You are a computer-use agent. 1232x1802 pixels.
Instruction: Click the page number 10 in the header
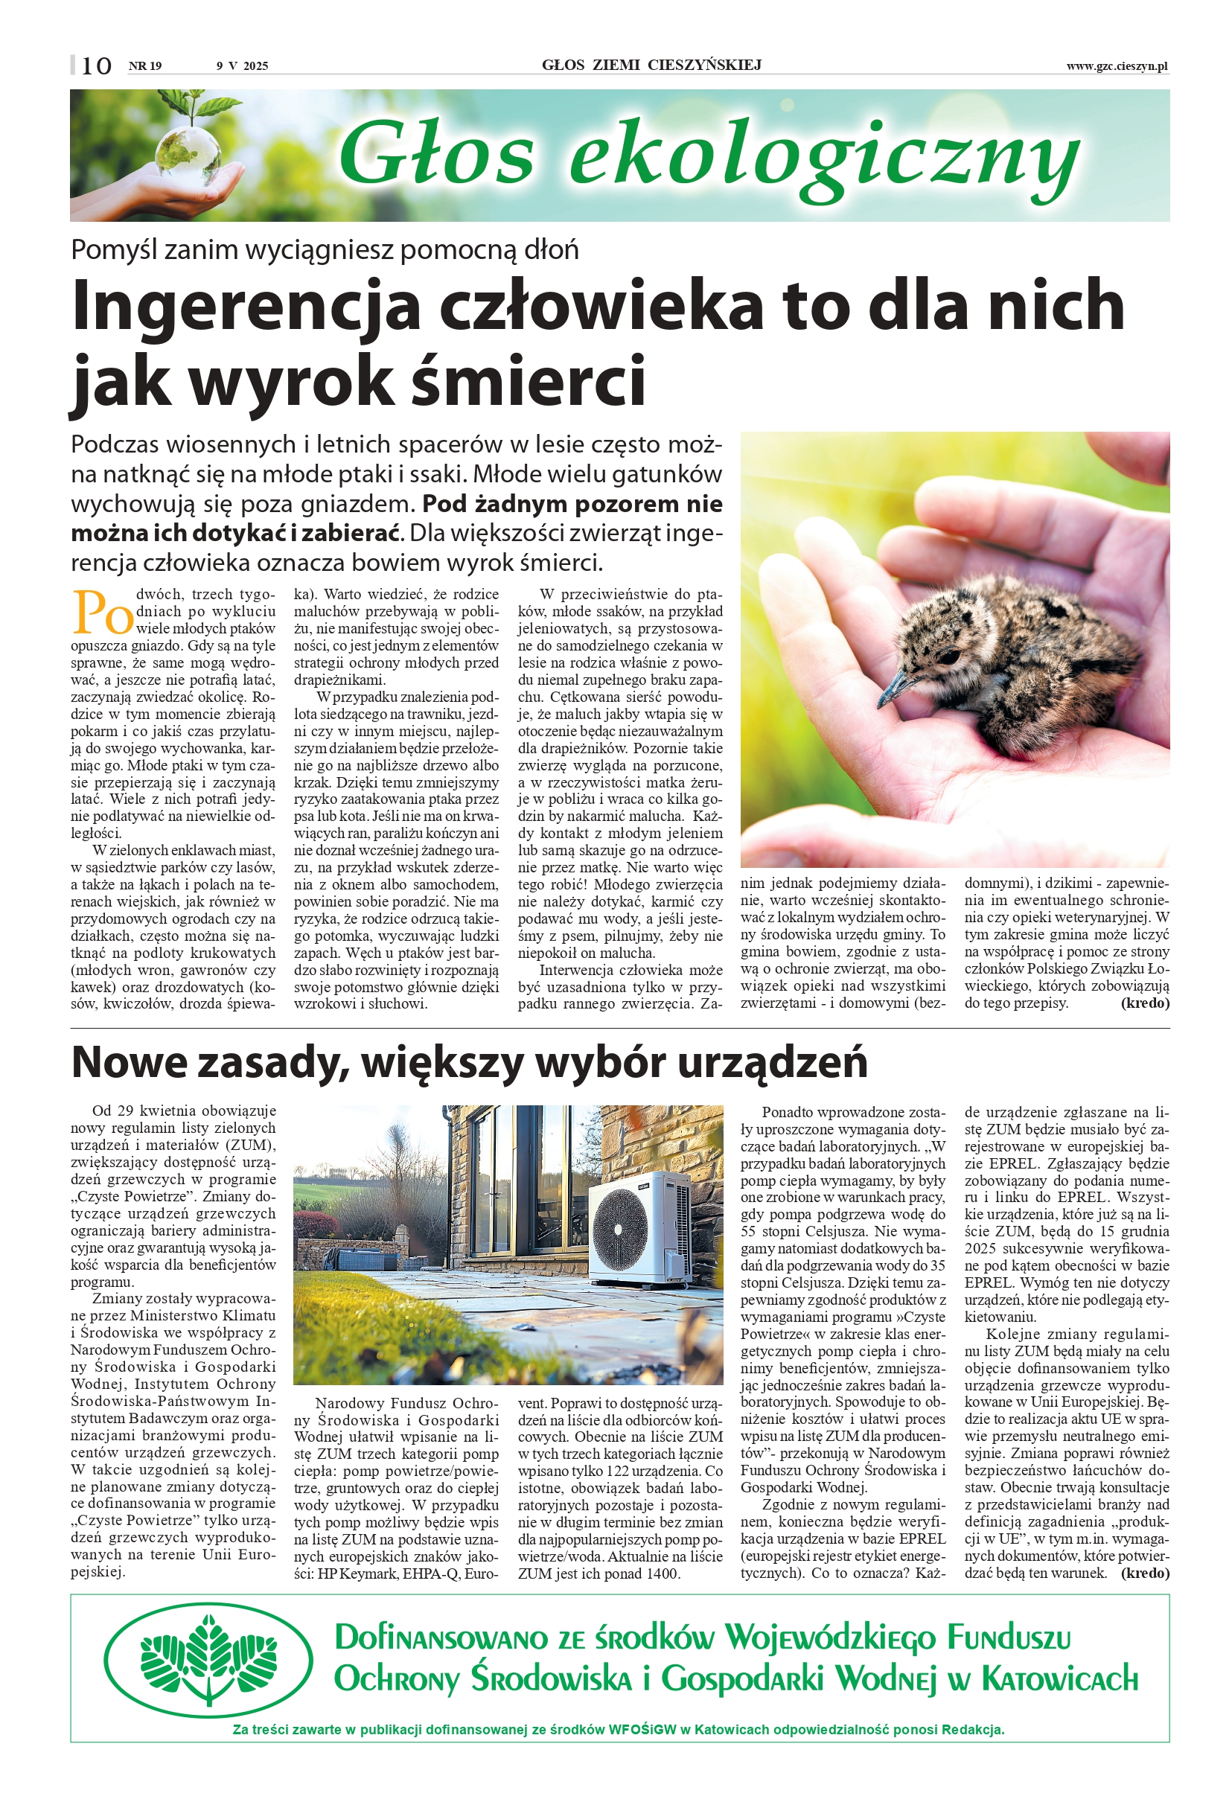(96, 66)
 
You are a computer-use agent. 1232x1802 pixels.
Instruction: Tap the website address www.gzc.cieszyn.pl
(1116, 67)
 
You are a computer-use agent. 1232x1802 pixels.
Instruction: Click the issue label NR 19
(145, 66)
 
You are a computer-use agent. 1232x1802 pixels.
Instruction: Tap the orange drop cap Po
(102, 613)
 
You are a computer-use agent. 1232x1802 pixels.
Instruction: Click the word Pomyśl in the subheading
(113, 249)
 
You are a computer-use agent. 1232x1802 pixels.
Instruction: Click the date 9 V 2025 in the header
(242, 66)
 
